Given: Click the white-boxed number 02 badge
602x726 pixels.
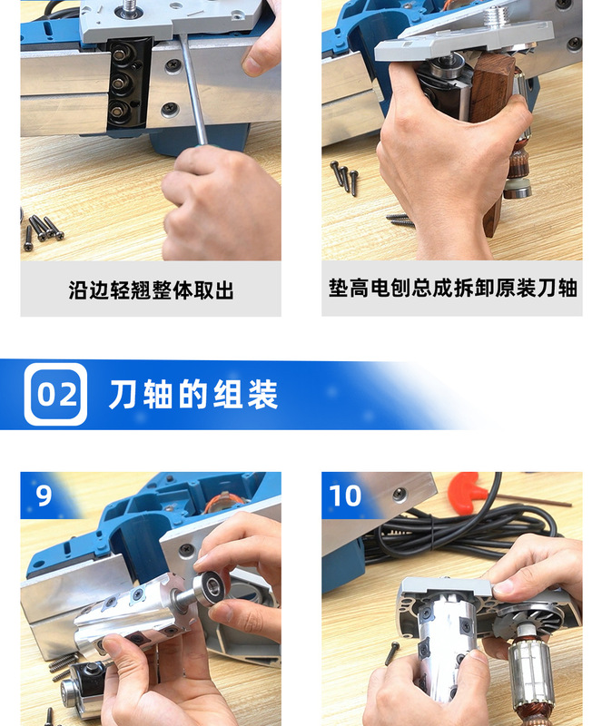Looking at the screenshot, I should tap(55, 395).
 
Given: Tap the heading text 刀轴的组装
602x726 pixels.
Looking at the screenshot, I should tap(192, 395).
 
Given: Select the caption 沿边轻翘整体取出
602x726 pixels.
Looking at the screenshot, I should tap(151, 290).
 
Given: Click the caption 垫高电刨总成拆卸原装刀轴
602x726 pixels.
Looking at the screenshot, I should tap(452, 289).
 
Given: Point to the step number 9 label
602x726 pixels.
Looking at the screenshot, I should tap(44, 495).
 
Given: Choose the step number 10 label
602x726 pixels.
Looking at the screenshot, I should tap(345, 495).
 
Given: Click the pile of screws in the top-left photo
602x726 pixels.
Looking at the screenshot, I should tap(40, 227).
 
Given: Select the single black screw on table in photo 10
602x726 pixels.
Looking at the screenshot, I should tap(391, 652).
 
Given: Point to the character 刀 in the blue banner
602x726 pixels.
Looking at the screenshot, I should tap(123, 395).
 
